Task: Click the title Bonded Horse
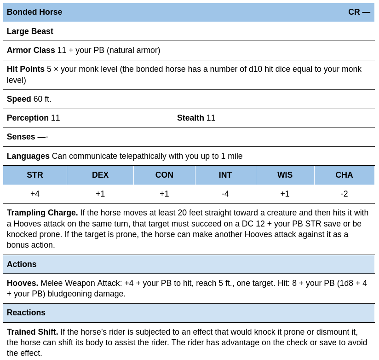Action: [x=34, y=12]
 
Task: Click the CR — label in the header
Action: [x=359, y=12]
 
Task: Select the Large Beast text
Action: [x=30, y=31]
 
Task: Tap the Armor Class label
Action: [x=31, y=50]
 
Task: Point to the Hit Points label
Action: [x=26, y=69]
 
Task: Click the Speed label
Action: [x=19, y=99]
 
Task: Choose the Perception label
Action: [x=28, y=118]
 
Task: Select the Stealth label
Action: [x=190, y=118]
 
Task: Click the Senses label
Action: [x=21, y=137]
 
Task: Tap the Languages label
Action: [x=28, y=156]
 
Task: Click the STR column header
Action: [x=35, y=175]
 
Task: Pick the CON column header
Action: [x=164, y=175]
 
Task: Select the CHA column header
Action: [x=344, y=175]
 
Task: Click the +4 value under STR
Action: [x=35, y=194]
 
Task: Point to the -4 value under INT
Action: [x=225, y=194]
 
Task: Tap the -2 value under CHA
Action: [x=344, y=194]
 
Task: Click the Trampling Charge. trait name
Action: [x=42, y=213]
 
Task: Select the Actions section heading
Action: [x=22, y=264]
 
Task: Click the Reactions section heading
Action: [x=26, y=313]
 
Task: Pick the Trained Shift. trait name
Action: [x=32, y=332]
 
